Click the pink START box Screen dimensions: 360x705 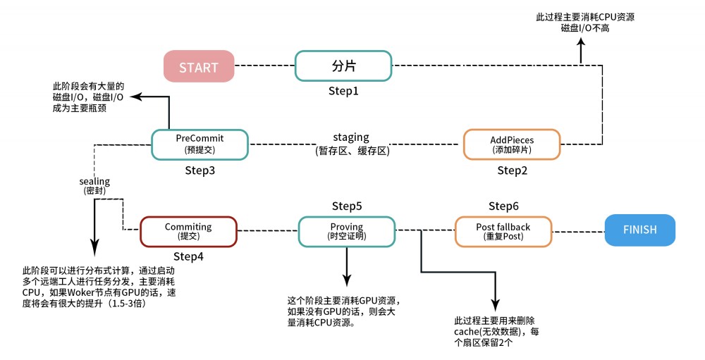click(x=199, y=67)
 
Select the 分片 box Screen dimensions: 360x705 click(x=343, y=66)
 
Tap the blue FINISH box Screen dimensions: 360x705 click(x=639, y=230)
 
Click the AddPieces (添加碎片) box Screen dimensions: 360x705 click(x=511, y=144)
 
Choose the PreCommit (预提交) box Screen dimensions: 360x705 click(x=200, y=144)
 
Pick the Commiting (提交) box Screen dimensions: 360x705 click(x=188, y=231)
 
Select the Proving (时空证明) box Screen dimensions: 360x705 click(x=346, y=231)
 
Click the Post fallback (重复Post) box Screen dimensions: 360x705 click(x=503, y=231)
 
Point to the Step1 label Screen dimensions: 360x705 click(x=343, y=92)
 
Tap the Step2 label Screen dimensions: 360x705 click(x=513, y=170)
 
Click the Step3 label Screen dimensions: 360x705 click(x=200, y=170)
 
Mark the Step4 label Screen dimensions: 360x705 click(x=188, y=257)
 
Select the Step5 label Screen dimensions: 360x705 click(x=346, y=206)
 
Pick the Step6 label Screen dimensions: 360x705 click(x=503, y=206)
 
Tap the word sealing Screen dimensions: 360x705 click(x=94, y=181)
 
